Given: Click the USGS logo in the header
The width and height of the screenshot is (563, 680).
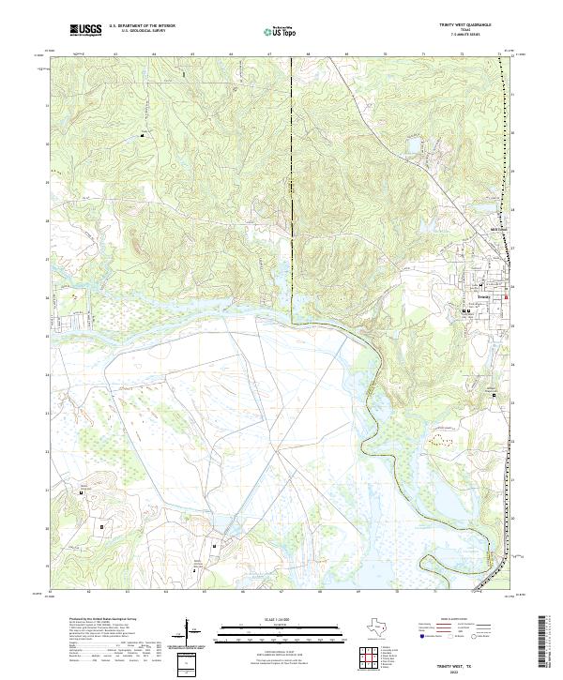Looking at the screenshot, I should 85,31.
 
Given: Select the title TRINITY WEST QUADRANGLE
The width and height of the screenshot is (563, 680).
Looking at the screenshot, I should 476,25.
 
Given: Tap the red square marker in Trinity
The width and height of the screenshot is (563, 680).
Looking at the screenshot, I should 508,297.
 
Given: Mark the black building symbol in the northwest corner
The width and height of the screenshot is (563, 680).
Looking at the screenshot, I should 143,137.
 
